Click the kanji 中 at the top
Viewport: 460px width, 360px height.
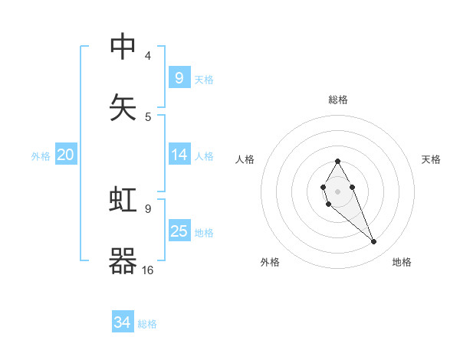click(123, 47)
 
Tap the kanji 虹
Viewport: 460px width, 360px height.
click(123, 201)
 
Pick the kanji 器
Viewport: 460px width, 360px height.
click(123, 260)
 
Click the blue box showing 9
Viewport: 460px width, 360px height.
click(179, 77)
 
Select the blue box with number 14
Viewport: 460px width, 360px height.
click(179, 155)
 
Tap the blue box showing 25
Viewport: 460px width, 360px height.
click(179, 231)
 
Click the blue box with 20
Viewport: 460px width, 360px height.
click(65, 155)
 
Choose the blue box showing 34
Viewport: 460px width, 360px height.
click(122, 322)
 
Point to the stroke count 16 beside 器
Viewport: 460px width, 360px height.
click(148, 270)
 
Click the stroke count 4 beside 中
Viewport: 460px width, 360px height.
click(147, 56)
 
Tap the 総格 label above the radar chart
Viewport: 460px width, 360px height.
click(337, 100)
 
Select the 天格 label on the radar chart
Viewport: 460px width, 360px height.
click(431, 159)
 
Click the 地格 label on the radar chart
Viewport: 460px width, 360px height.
click(402, 262)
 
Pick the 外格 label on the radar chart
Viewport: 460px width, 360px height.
click(270, 262)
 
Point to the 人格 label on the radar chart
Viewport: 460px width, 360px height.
click(245, 159)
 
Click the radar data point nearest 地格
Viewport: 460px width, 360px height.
click(374, 242)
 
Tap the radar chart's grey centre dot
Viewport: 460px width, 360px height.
click(337, 191)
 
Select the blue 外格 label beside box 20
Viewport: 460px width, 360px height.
click(41, 155)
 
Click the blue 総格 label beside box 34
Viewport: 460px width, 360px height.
click(147, 323)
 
